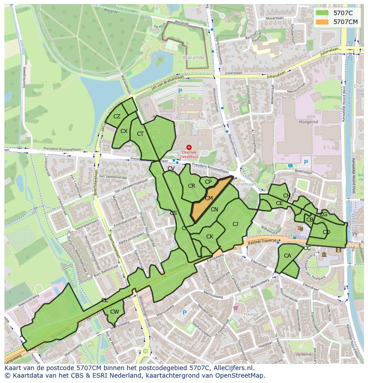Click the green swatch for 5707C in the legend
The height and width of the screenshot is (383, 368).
(x=323, y=13)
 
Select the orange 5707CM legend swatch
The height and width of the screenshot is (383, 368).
(x=323, y=21)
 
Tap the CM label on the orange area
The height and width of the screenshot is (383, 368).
(x=208, y=198)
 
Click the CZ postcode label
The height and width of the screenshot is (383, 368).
(x=117, y=117)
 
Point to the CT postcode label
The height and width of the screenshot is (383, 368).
(x=140, y=134)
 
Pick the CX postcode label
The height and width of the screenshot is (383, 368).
(x=124, y=131)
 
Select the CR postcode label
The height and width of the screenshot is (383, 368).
(x=192, y=186)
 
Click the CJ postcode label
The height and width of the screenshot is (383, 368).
(x=236, y=224)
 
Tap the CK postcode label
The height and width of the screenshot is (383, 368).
(x=210, y=237)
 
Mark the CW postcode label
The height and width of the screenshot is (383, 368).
(x=115, y=312)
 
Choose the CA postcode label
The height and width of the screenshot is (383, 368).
(x=288, y=256)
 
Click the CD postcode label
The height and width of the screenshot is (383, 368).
(x=326, y=232)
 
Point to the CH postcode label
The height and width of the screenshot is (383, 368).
(x=287, y=196)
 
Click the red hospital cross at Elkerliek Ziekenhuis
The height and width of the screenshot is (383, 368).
(x=189, y=147)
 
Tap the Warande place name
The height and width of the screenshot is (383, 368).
(x=193, y=57)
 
